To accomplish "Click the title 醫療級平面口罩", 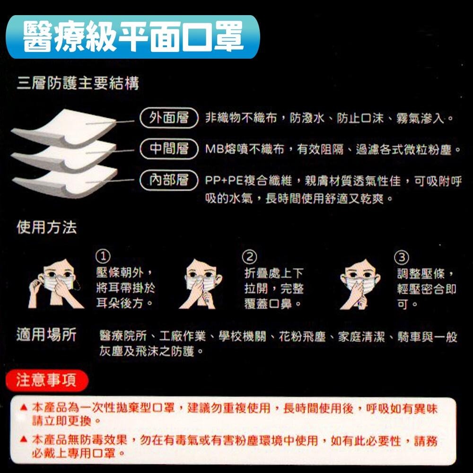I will (x=133, y=36).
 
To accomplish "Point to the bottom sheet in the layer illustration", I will (x=66, y=182).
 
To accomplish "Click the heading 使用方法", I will (x=46, y=228).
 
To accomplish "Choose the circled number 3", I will (x=401, y=257).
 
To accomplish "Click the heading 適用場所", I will (x=46, y=335).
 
